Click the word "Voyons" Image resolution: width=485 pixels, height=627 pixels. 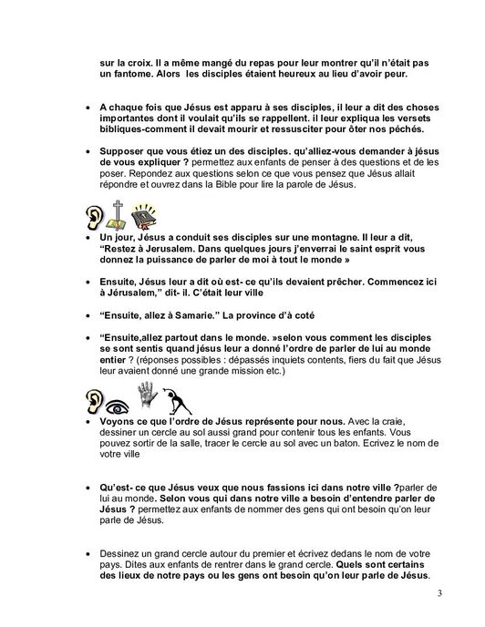121,422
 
